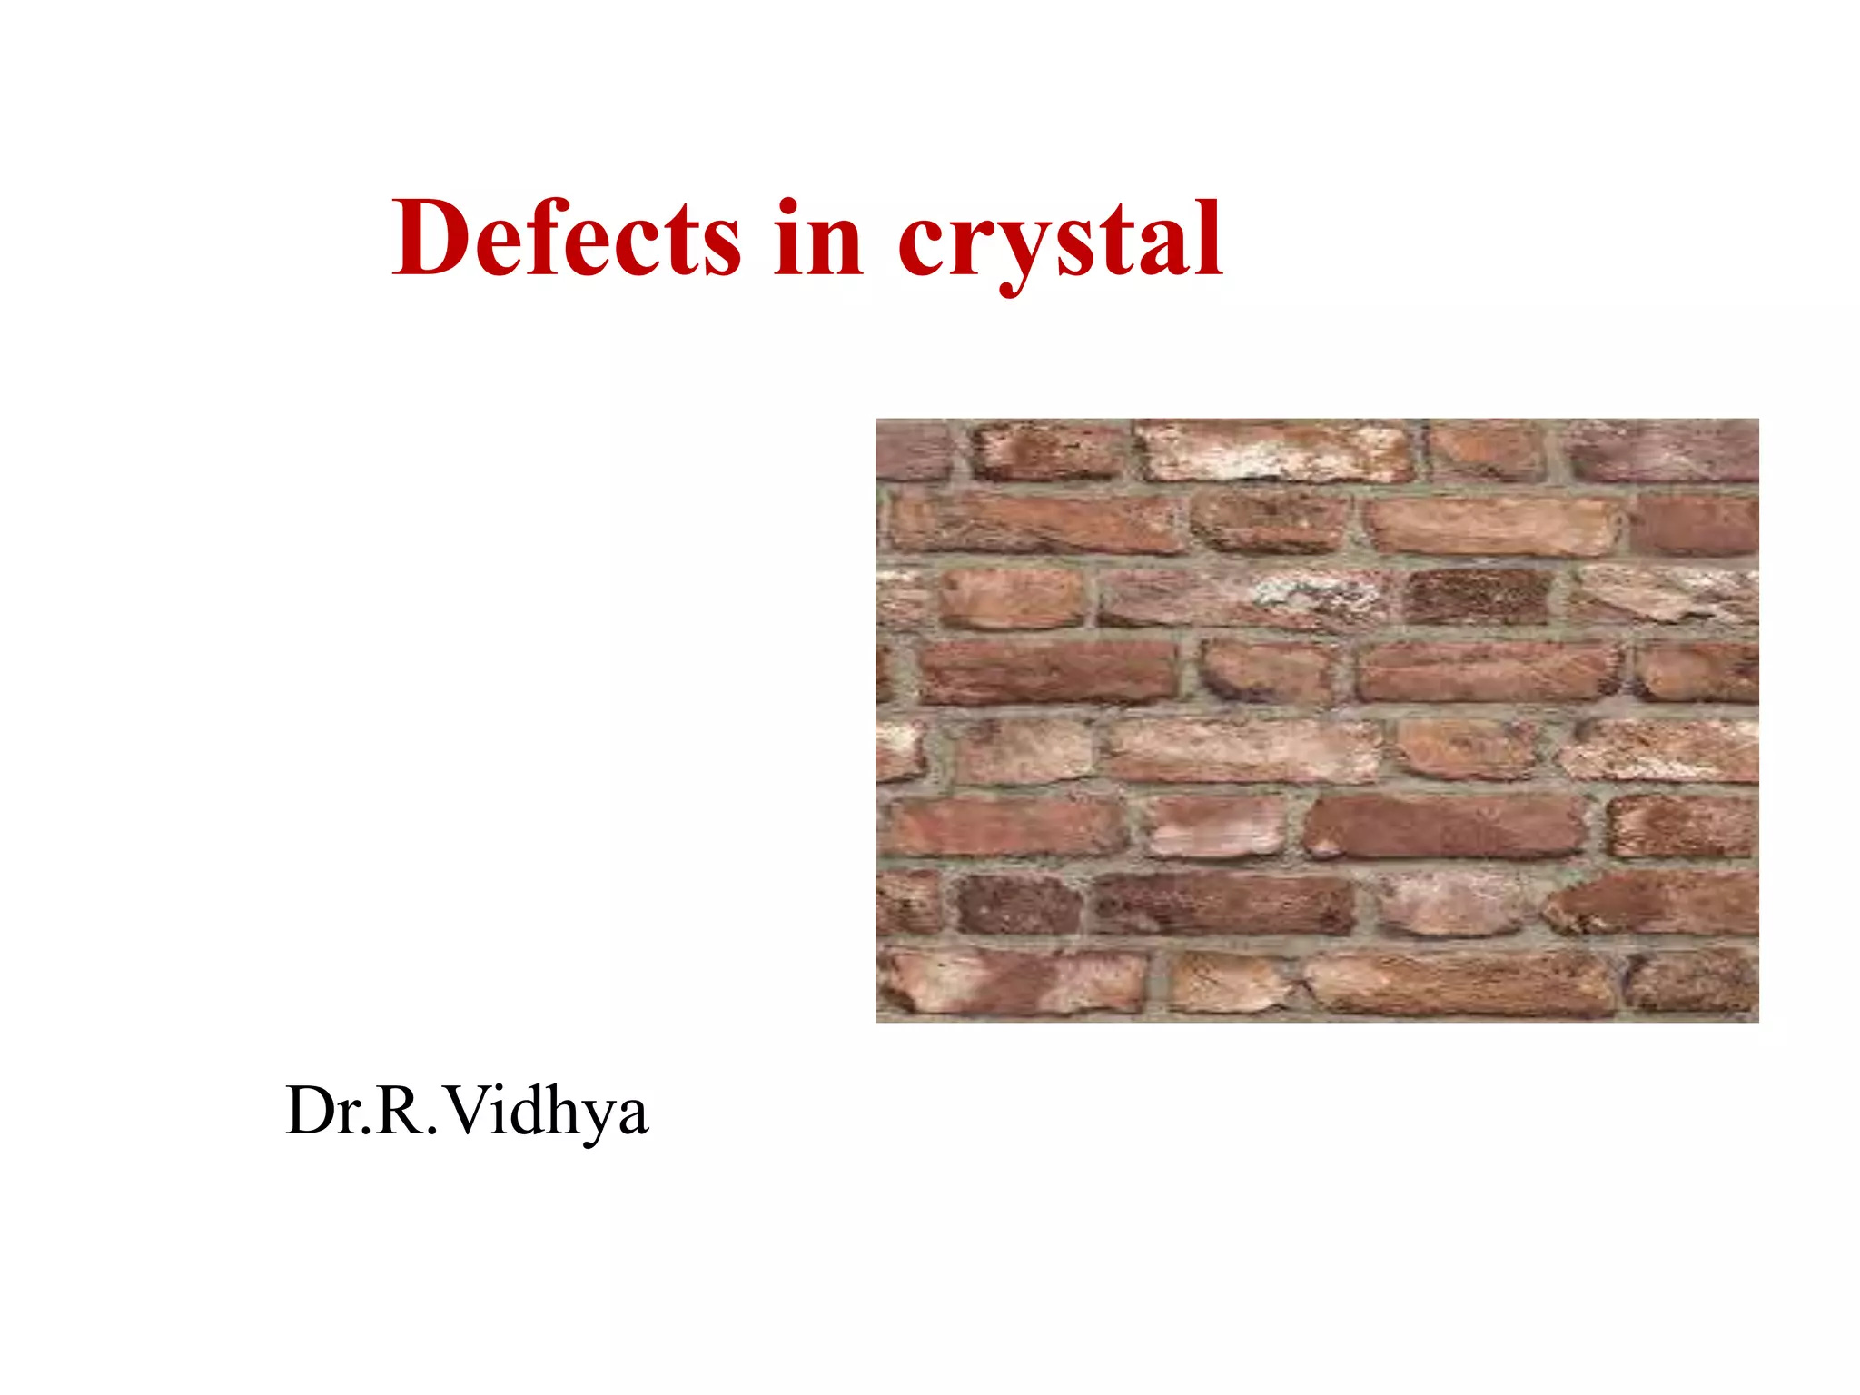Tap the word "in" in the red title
pyautogui.click(x=818, y=238)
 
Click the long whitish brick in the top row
pyautogui.click(x=1276, y=451)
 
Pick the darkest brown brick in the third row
pyautogui.click(x=1478, y=597)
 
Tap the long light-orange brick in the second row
pyautogui.click(x=1492, y=526)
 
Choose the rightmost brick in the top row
pyautogui.click(x=1664, y=451)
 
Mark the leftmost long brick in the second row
pyautogui.click(x=1036, y=523)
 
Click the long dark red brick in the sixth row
pyautogui.click(x=1444, y=826)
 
